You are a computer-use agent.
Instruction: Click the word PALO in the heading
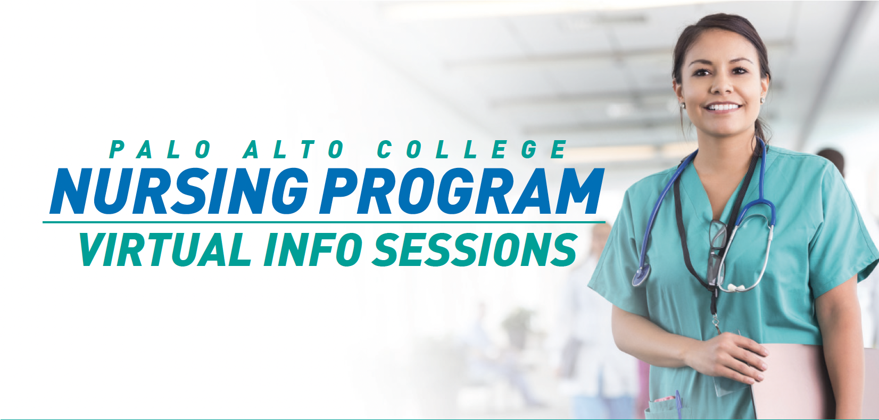click(x=160, y=150)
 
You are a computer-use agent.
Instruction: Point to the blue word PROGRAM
click(x=461, y=191)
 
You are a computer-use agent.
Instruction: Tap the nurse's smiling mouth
click(x=723, y=108)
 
